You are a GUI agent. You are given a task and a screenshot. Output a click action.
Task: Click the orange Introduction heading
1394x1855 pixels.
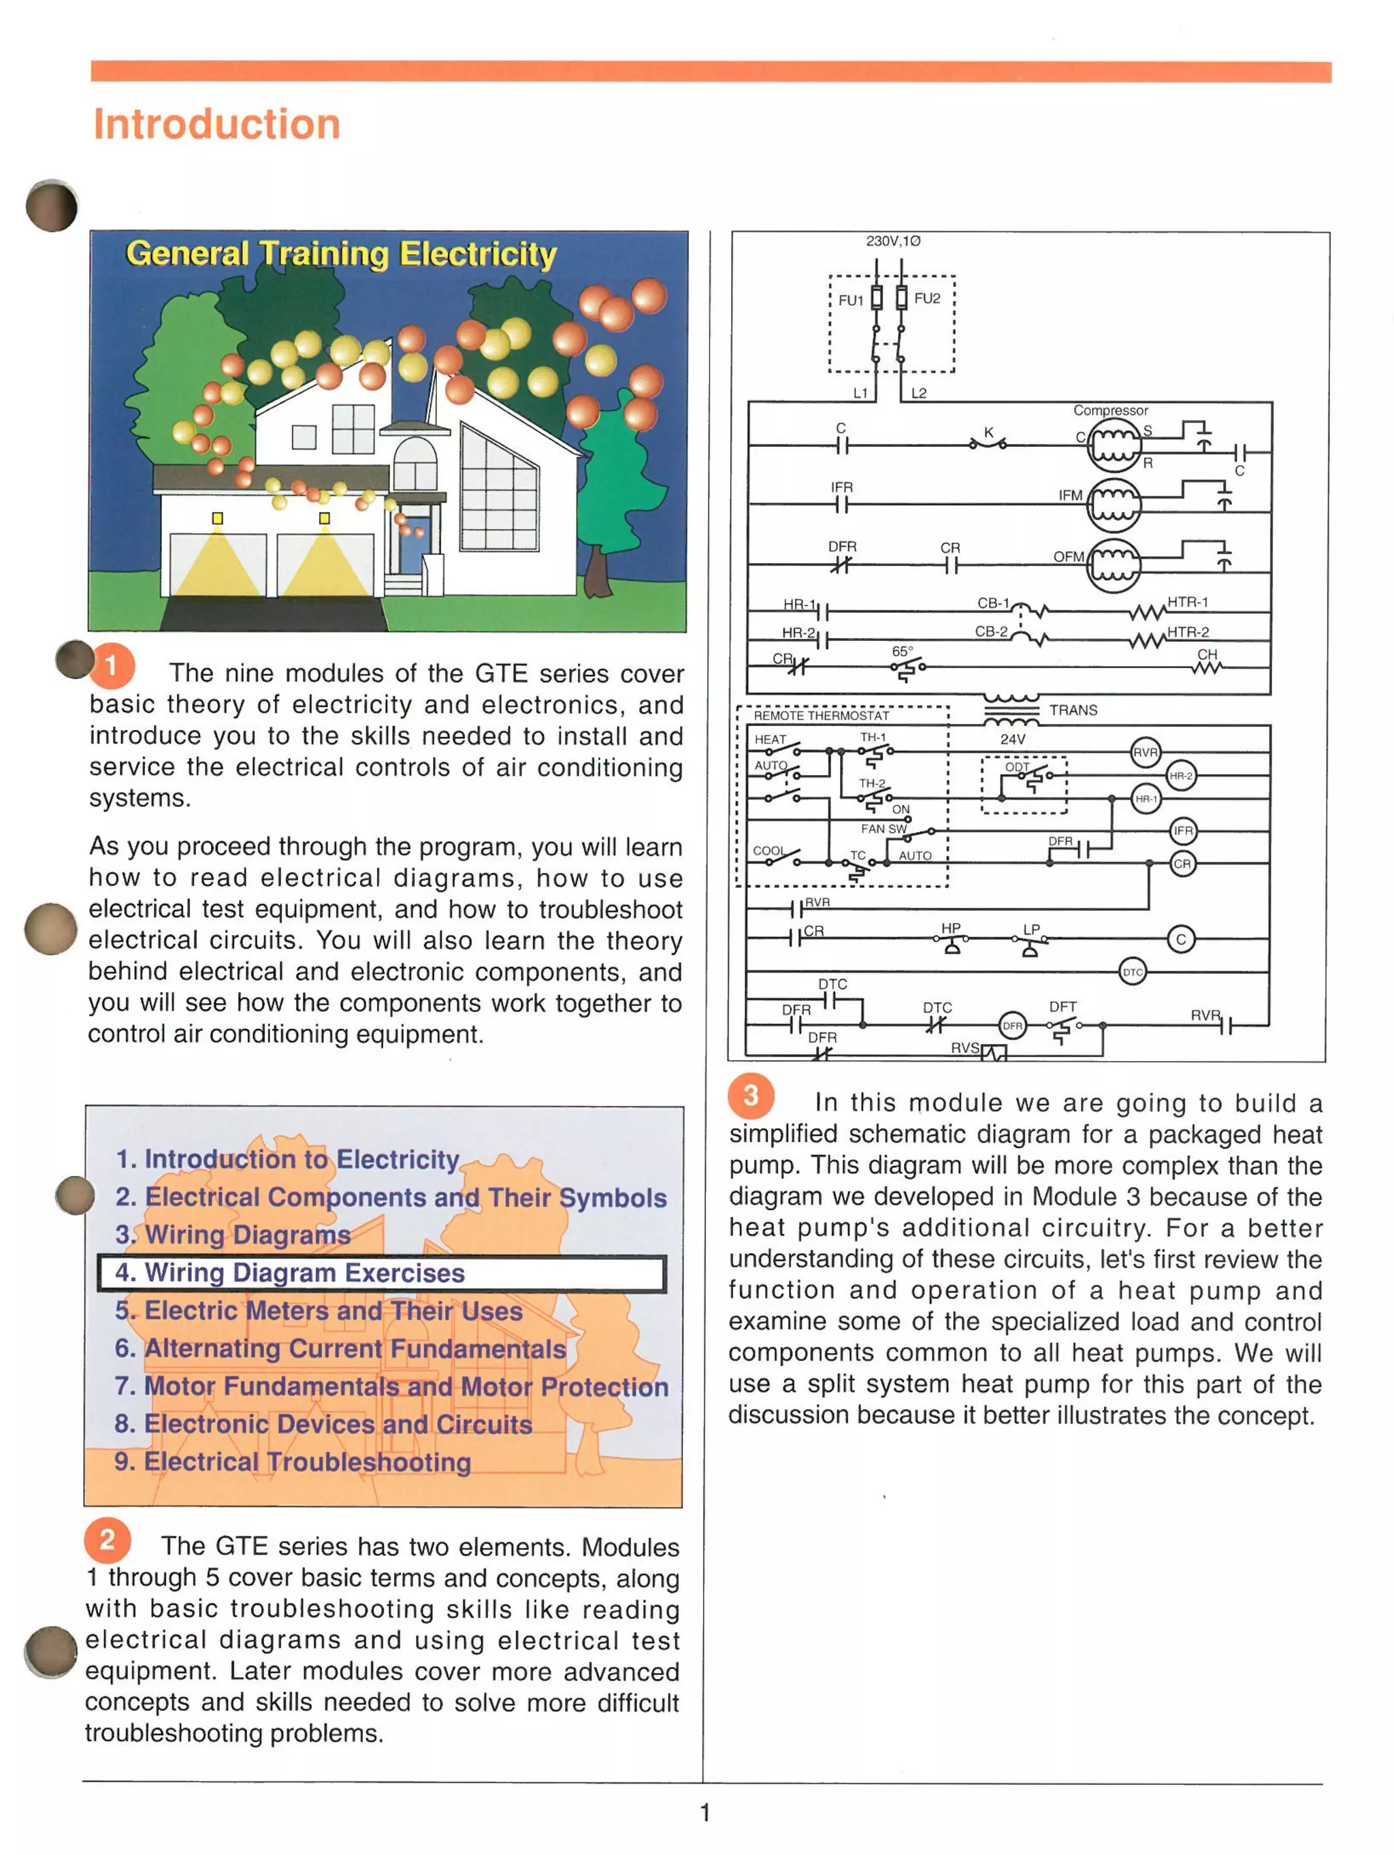[x=216, y=124]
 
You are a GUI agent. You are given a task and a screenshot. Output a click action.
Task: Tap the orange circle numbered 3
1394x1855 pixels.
[x=750, y=1094]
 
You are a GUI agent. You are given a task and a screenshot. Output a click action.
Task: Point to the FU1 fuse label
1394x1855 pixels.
[x=850, y=300]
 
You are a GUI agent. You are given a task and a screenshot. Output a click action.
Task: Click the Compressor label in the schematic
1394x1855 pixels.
[x=1110, y=410]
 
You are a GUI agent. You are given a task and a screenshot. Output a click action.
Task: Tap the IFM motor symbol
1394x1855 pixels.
[x=1113, y=505]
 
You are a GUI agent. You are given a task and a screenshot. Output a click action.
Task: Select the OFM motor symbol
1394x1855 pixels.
[x=1113, y=566]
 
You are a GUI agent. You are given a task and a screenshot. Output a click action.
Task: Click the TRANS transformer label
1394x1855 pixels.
[x=1073, y=710]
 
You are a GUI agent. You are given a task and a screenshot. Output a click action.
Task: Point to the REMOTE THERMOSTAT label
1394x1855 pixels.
[x=821, y=715]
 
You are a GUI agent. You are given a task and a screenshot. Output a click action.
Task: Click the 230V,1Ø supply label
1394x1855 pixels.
[x=893, y=240]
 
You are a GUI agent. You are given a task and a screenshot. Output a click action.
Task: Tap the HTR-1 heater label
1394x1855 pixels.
[x=1187, y=602]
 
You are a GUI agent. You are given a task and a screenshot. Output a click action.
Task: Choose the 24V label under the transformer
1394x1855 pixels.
[x=1011, y=739]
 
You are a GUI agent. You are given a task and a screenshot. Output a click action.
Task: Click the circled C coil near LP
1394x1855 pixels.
[x=1180, y=939]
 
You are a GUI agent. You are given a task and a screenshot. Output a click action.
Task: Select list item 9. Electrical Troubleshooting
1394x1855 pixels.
[x=293, y=1461]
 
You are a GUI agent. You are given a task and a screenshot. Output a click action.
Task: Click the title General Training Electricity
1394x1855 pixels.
[x=341, y=253]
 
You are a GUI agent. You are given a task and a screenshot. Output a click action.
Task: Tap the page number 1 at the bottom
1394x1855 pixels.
[x=705, y=1812]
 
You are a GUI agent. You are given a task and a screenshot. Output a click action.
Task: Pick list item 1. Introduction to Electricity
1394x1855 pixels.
[x=287, y=1159]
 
